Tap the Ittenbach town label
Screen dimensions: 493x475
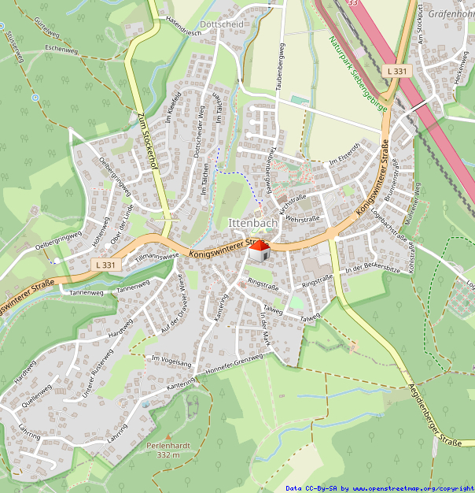click(252, 224)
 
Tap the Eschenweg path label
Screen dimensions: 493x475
click(61, 50)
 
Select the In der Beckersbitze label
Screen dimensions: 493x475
click(372, 269)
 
